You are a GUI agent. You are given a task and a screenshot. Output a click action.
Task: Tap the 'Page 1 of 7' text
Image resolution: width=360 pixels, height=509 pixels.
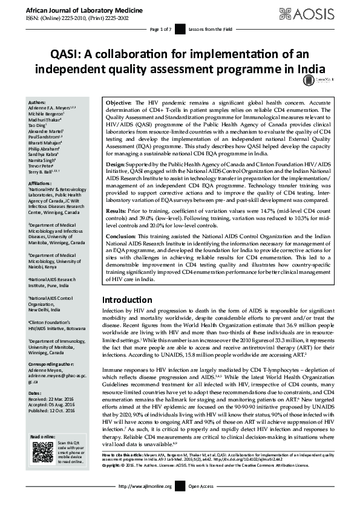coord(161,29)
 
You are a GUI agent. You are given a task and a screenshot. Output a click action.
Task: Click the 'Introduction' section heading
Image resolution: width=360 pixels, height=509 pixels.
coord(126,300)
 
